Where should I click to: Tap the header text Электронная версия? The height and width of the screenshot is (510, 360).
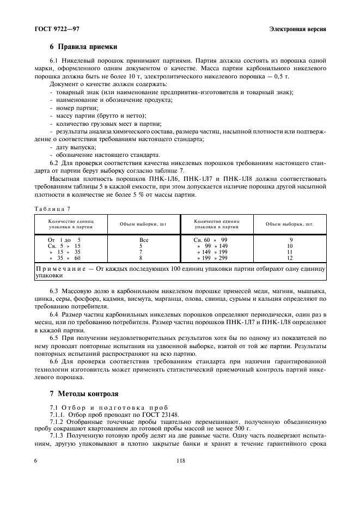297,28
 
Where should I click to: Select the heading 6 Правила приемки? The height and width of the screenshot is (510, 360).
84,47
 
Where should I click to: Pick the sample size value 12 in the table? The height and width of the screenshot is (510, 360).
290,258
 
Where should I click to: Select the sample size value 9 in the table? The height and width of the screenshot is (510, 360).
290,239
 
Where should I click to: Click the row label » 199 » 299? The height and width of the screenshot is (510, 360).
212,258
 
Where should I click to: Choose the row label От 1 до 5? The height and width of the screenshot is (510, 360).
64,239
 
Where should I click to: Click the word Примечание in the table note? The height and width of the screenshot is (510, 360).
63,269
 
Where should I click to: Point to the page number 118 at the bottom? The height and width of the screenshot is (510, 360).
181,460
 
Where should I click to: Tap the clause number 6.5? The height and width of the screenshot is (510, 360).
56,338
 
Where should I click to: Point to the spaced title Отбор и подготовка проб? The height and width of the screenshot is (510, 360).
114,407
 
